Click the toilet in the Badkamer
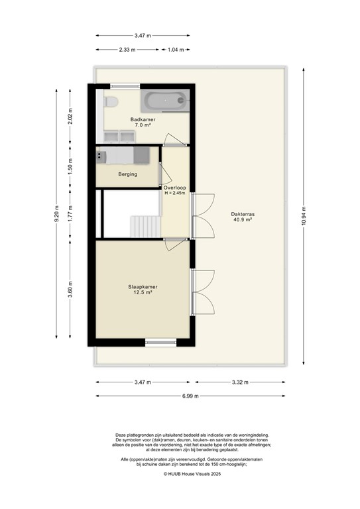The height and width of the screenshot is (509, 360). (x=111, y=102)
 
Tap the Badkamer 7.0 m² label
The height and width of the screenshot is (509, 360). (x=138, y=122)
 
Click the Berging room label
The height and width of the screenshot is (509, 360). (x=127, y=174)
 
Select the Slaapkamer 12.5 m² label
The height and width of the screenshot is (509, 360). (x=142, y=290)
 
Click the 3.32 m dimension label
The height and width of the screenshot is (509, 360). (x=241, y=382)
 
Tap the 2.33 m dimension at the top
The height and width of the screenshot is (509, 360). (x=127, y=50)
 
